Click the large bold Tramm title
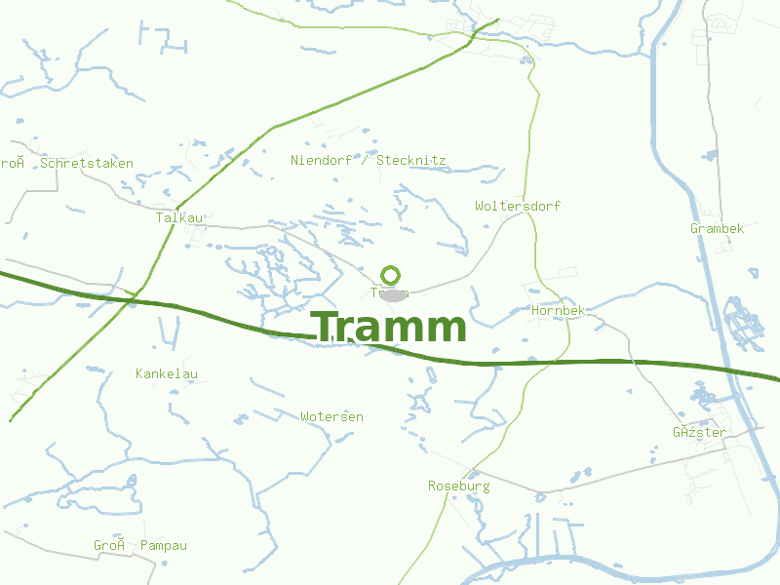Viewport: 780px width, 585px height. (389, 328)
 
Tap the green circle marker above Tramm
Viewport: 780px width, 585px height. (391, 275)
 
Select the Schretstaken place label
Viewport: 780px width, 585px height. (87, 163)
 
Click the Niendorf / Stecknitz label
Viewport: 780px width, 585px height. (369, 159)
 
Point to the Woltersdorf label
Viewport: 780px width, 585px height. (518, 206)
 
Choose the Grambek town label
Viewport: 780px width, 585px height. (717, 228)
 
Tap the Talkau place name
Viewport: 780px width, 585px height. (179, 217)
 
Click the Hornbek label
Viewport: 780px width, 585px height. (559, 310)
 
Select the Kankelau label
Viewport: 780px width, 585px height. (167, 373)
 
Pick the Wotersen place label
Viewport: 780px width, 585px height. (331, 416)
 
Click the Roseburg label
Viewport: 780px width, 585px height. (459, 485)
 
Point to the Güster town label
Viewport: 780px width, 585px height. (699, 432)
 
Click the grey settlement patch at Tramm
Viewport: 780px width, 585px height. (392, 292)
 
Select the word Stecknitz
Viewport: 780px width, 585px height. (411, 159)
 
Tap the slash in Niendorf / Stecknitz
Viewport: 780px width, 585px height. (365, 159)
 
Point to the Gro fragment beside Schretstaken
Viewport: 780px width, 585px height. (11, 163)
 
